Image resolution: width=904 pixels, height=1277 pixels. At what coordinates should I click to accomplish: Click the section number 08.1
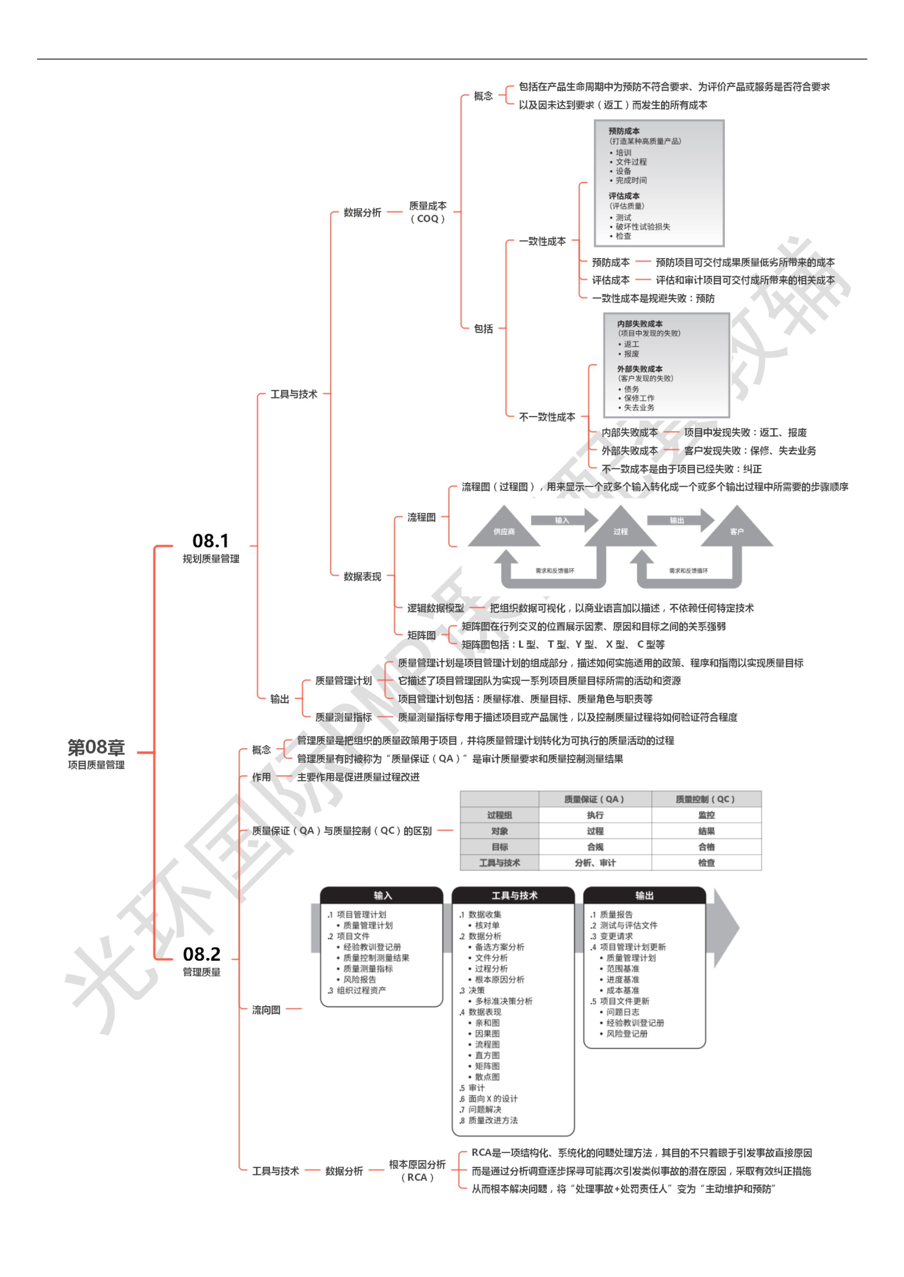[210, 541]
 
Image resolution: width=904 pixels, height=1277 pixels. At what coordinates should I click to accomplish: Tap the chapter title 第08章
[96, 747]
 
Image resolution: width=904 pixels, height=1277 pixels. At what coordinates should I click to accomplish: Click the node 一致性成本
[542, 241]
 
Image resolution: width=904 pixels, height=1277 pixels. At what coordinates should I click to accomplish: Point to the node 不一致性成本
[546, 417]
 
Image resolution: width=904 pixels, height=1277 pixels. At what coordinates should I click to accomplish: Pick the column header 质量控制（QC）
[705, 799]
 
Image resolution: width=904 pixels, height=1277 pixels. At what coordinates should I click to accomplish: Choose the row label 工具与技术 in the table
[499, 863]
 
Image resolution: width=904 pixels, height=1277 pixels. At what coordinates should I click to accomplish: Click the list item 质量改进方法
[493, 1120]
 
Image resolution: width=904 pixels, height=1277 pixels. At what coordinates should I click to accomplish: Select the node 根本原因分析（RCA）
[417, 1170]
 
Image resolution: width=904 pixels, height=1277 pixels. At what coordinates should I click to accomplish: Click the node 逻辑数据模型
[435, 608]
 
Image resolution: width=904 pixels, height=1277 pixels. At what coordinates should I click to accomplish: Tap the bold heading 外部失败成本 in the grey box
[640, 369]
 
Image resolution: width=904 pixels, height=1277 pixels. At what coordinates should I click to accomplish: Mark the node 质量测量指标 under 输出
[344, 717]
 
